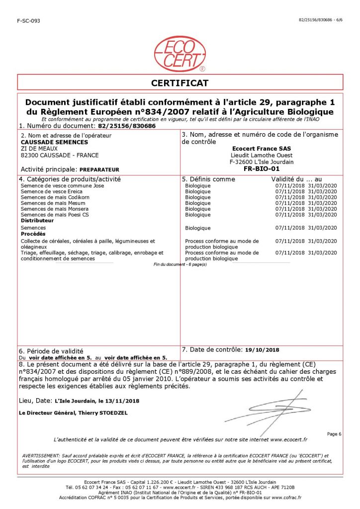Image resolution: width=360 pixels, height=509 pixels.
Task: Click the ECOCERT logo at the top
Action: click(x=180, y=53)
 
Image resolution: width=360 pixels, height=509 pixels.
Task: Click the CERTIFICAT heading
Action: click(x=180, y=83)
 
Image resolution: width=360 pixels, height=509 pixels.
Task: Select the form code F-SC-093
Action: click(x=28, y=20)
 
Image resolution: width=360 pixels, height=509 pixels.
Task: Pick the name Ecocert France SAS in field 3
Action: click(x=262, y=148)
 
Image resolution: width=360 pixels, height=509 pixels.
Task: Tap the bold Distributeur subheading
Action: click(x=37, y=220)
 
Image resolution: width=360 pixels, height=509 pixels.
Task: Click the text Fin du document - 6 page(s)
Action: click(x=180, y=264)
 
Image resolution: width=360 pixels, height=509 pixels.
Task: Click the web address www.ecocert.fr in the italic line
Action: click(x=289, y=440)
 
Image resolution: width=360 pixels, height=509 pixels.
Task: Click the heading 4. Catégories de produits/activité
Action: click(x=69, y=178)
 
